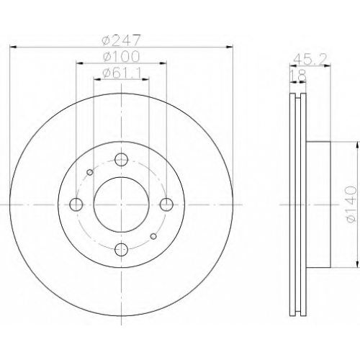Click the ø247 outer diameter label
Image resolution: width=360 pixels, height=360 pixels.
(120, 40)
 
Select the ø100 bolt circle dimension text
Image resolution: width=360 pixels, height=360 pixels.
(121, 57)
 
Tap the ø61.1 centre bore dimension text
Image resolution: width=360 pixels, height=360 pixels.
(121, 73)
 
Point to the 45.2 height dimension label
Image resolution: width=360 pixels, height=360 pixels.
(310, 59)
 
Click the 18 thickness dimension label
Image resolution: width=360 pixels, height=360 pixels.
(298, 76)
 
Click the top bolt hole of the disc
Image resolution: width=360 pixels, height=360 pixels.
(122, 159)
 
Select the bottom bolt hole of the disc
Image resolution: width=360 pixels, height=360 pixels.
(122, 250)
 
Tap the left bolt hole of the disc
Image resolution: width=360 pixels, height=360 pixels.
(76, 204)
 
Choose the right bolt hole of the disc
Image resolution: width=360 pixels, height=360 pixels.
(166, 204)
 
